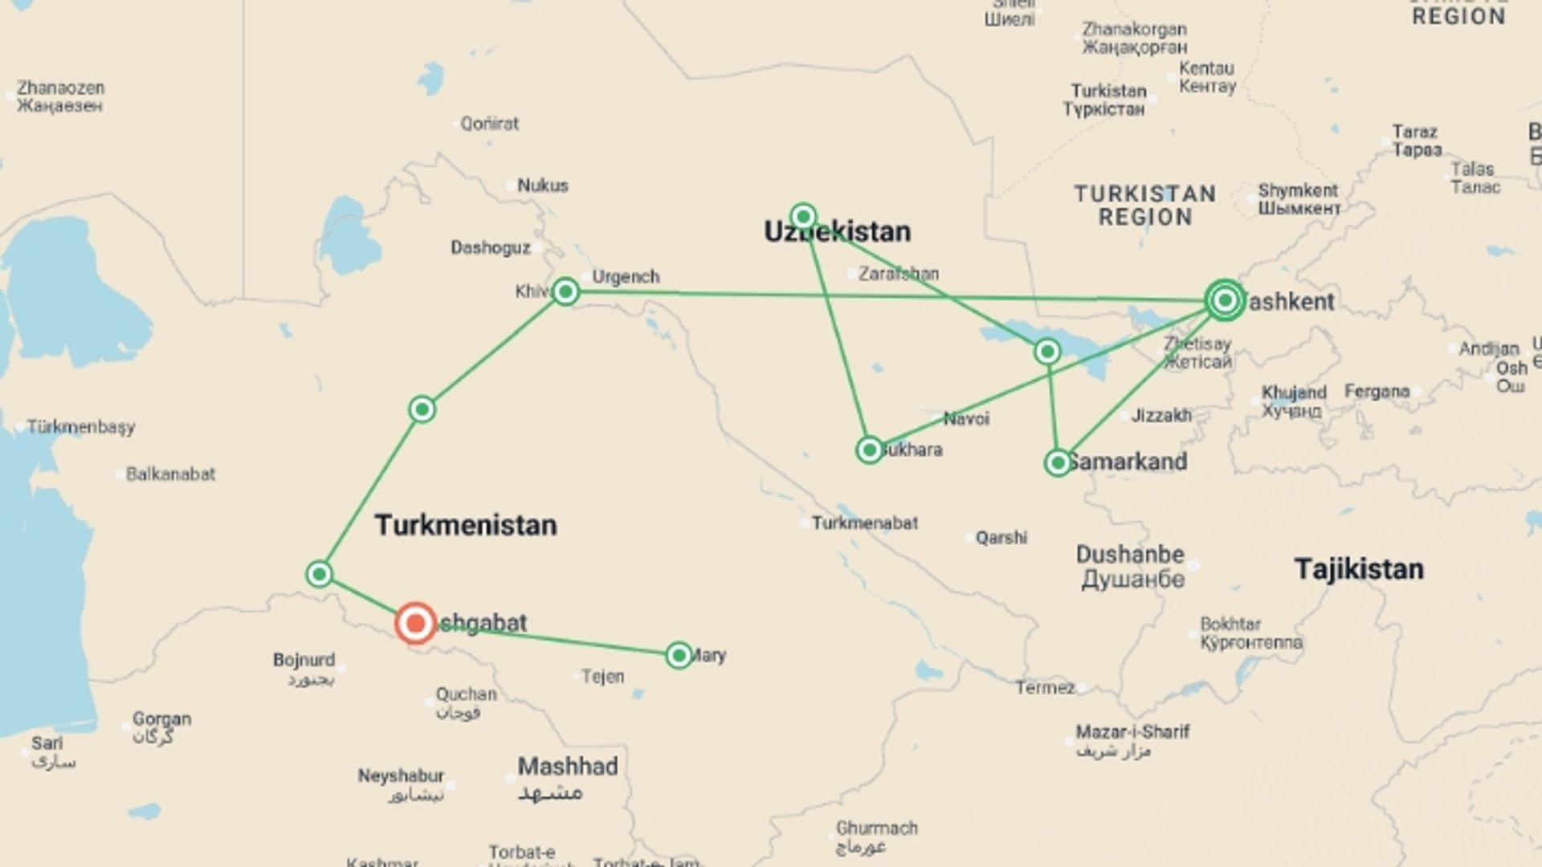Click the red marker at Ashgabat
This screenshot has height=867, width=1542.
415,623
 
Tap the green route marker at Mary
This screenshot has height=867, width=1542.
679,656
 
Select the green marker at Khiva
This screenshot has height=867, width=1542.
565,291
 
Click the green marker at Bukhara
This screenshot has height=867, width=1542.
869,450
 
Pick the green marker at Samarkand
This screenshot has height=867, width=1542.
1058,463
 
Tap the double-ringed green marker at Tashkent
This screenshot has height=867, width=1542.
1225,300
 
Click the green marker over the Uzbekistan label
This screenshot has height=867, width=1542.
803,217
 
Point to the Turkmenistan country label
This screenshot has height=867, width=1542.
466,525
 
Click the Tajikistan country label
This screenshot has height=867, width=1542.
1359,569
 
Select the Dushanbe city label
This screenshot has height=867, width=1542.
1130,555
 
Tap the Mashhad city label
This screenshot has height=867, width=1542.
567,767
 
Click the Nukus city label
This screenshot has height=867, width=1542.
542,185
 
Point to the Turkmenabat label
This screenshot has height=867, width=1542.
864,523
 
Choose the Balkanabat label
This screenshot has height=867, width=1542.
170,474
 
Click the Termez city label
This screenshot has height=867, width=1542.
1045,688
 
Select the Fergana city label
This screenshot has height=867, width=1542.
1377,392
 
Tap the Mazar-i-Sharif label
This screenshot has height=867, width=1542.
1132,732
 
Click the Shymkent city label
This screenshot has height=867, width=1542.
1298,191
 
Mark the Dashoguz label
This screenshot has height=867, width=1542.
490,248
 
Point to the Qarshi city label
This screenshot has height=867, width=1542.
1001,538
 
